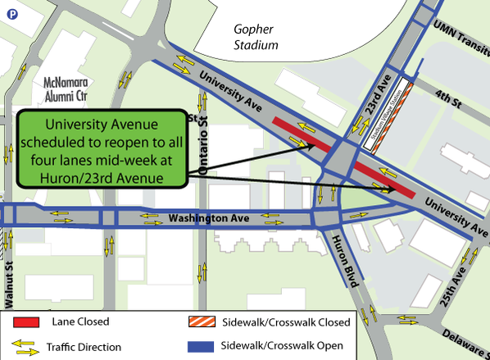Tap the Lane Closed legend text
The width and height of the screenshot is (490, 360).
tap(79, 322)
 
